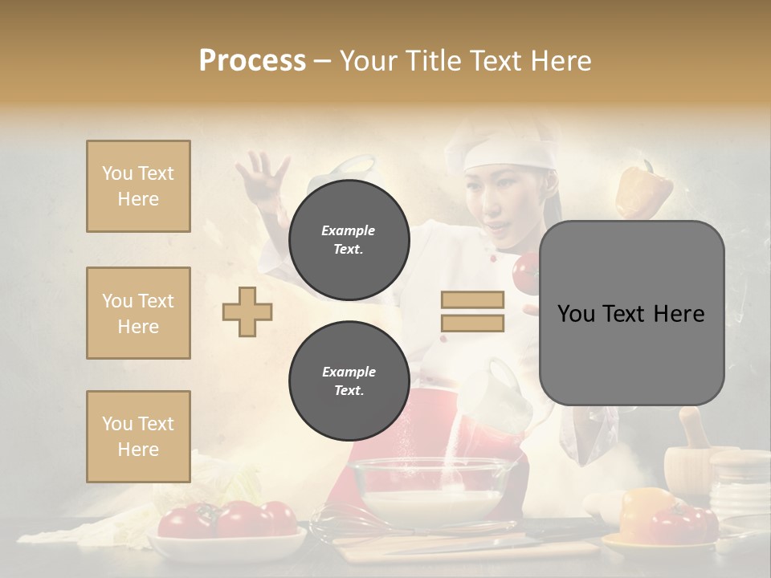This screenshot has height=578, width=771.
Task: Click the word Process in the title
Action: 252,60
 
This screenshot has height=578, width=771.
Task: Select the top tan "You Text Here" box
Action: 138,186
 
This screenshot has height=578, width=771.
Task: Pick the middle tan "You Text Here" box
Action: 138,313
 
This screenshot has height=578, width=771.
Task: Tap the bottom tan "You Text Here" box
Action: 138,437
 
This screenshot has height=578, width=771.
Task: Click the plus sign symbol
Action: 247,311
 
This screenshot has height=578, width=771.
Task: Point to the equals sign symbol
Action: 472,311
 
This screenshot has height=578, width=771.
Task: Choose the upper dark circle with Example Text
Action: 349,239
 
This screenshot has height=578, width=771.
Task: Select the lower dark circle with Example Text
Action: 349,381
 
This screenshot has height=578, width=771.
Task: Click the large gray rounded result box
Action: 631,313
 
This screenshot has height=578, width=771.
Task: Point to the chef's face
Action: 496,201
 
